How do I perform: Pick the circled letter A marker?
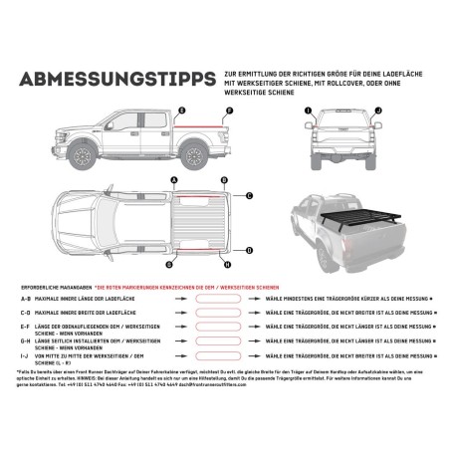(175, 180)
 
